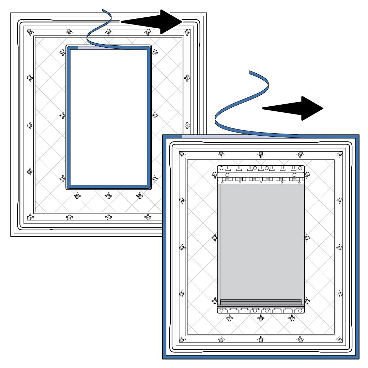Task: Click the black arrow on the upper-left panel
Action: (x=153, y=21)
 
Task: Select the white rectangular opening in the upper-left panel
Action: (x=108, y=116)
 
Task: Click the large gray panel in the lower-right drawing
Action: (x=261, y=239)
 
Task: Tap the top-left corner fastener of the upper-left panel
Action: (x=30, y=32)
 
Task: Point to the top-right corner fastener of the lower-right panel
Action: (x=339, y=153)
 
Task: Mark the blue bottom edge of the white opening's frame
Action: (x=108, y=186)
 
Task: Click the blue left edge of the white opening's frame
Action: (x=68, y=116)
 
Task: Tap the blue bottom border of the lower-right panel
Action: (x=261, y=357)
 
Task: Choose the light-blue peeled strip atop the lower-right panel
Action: (x=218, y=136)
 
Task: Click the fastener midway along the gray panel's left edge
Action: (x=215, y=237)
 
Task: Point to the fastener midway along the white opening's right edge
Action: (x=155, y=116)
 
